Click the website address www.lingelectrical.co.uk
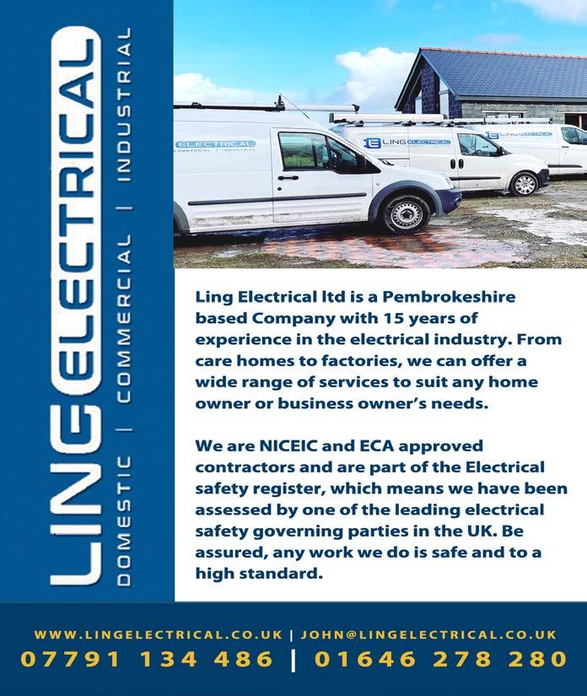(x=159, y=634)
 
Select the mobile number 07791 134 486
(x=147, y=660)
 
